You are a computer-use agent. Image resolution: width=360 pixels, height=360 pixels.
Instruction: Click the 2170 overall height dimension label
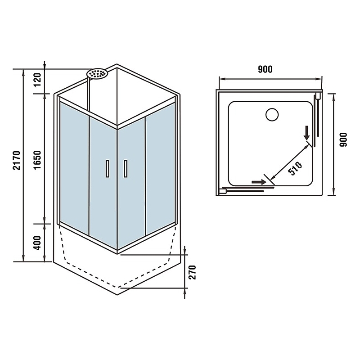17,160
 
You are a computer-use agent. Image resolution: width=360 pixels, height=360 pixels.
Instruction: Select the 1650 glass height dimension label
37,160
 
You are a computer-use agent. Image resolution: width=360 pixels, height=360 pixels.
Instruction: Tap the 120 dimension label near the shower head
37,80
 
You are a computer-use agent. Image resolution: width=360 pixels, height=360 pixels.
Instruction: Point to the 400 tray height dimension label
37,243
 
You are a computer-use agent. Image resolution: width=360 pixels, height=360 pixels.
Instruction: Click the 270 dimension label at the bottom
193,272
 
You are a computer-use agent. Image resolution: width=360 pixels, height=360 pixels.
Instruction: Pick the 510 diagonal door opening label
295,168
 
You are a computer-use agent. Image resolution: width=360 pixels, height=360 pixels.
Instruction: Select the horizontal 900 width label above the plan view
265,69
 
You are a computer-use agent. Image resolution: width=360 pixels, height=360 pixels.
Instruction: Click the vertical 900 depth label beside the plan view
343,139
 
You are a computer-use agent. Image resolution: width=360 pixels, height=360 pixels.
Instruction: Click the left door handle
108,169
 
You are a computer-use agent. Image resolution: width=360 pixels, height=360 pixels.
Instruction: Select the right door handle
126,169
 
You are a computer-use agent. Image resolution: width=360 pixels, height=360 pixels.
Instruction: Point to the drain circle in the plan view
272,114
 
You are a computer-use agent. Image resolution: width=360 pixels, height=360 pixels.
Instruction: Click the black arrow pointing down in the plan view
307,133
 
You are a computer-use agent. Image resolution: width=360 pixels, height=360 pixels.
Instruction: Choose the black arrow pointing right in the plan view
259,182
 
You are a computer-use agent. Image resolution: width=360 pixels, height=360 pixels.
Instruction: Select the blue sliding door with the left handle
103,183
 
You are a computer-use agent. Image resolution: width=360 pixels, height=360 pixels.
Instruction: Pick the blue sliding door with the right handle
131,183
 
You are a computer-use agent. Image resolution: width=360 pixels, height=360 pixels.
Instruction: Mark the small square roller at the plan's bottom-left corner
223,191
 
